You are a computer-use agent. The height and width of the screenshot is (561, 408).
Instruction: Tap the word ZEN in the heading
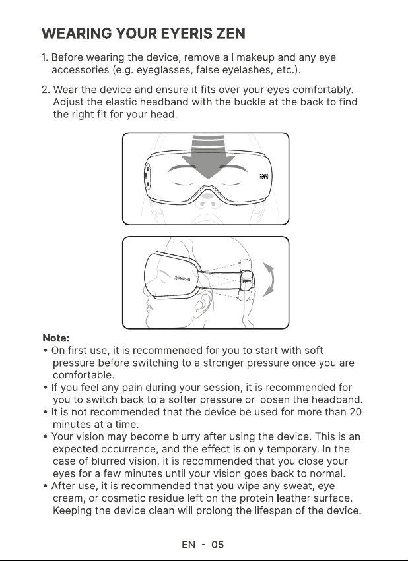tap(230, 34)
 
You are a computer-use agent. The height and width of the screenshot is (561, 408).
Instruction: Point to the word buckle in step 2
tap(250, 102)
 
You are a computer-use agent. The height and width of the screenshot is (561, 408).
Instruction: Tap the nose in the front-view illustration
tap(208, 203)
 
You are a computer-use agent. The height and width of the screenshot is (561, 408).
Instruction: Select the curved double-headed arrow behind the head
tap(269, 280)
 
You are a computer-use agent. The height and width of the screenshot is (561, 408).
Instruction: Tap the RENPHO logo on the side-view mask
tap(182, 279)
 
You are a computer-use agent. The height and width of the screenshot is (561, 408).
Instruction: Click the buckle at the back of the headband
tap(247, 280)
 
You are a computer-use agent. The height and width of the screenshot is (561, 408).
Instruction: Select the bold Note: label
tap(56, 338)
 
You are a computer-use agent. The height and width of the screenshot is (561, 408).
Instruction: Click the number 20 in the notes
tap(355, 412)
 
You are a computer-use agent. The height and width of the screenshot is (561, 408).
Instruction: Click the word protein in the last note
tap(256, 498)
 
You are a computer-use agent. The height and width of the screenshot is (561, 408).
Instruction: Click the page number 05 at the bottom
tap(217, 545)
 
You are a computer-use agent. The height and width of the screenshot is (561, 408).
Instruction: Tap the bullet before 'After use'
tap(46, 487)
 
